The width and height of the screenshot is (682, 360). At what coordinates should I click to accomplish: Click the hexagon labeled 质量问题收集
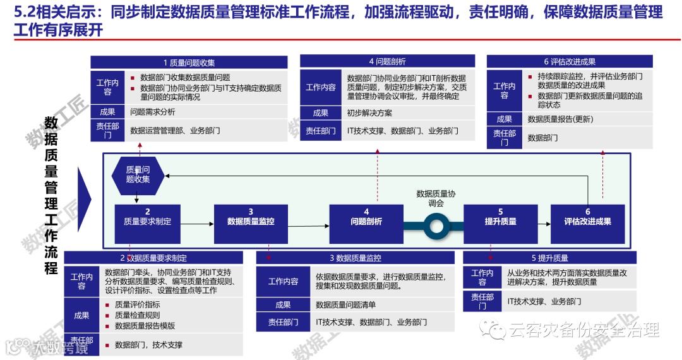138,175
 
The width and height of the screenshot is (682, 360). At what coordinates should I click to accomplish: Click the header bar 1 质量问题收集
189,62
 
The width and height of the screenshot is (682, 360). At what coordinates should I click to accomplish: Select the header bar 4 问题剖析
387,61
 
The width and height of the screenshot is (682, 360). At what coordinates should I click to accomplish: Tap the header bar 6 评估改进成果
570,61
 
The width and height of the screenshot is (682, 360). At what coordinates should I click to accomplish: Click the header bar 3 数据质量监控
355,258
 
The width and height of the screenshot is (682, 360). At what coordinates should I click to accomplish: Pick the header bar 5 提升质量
549,258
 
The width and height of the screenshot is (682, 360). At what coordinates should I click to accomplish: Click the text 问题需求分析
153,112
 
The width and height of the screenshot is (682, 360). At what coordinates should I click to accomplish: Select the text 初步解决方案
369,113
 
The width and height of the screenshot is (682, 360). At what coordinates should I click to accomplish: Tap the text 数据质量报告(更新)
560,119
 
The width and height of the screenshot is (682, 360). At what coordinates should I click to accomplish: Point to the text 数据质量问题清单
345,304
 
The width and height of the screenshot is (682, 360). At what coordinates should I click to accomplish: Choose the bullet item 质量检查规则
137,315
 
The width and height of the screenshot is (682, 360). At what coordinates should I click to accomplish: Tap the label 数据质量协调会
436,198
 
